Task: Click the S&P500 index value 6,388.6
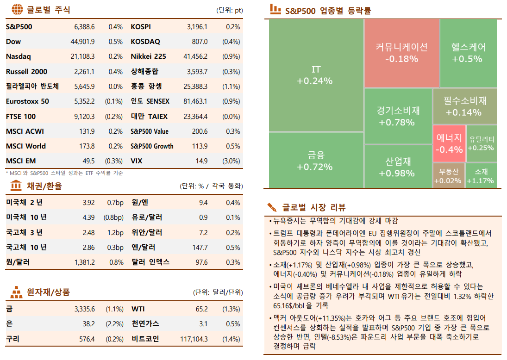tap(84, 27)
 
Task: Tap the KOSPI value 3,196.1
tap(197, 27)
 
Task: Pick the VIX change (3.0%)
tap(231, 161)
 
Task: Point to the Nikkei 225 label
tap(148, 56)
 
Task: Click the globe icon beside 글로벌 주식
tap(17, 10)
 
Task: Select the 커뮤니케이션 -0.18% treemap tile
tap(401, 52)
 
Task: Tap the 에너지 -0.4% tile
tap(449, 143)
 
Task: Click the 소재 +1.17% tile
tap(481, 175)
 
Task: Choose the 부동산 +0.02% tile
tap(449, 175)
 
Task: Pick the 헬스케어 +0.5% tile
tap(468, 52)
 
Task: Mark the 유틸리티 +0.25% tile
tap(481, 143)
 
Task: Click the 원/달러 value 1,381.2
tap(84, 262)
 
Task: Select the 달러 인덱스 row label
tap(150, 262)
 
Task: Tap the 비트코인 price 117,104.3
tap(194, 339)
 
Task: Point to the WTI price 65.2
tap(202, 309)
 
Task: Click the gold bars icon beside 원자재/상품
tap(17, 292)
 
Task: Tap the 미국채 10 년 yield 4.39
tap(88, 217)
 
